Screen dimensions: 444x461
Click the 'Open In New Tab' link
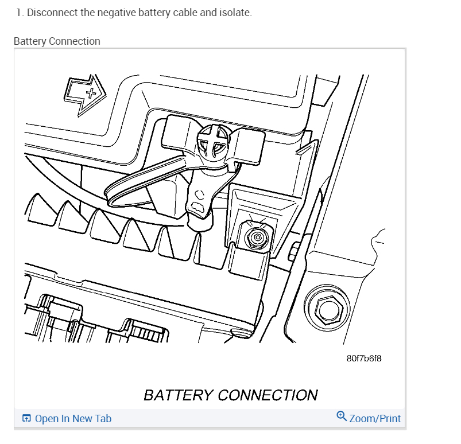pyautogui.click(x=73, y=419)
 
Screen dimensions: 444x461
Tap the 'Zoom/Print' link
pyautogui.click(x=375, y=419)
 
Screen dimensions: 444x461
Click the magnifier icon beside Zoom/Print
pyautogui.click(x=342, y=416)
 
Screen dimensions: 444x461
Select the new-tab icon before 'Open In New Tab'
pyautogui.click(x=26, y=419)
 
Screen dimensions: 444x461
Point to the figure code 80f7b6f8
pyautogui.click(x=364, y=358)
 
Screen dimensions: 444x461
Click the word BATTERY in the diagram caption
pyautogui.click(x=179, y=395)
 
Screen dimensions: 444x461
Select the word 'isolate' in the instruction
pyautogui.click(x=234, y=12)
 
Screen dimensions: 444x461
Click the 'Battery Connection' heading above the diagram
pyautogui.click(x=57, y=41)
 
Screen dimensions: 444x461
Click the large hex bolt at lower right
pyautogui.click(x=326, y=310)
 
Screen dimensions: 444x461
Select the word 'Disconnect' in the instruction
pyautogui.click(x=52, y=12)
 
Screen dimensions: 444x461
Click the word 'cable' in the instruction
pyautogui.click(x=183, y=12)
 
